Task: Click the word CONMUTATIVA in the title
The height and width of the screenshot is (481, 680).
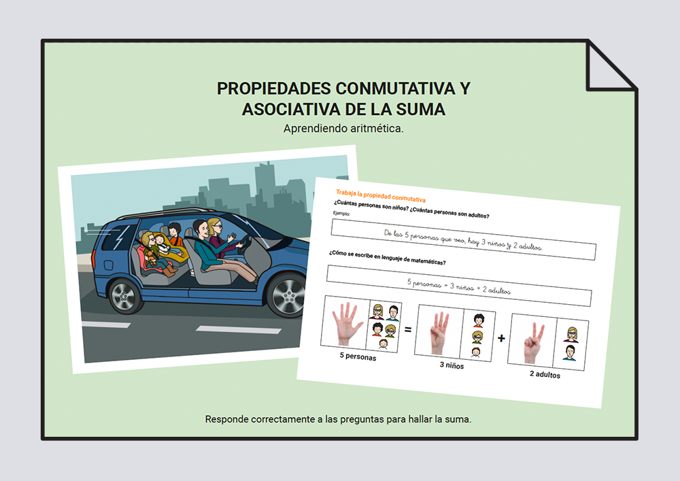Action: [396, 88]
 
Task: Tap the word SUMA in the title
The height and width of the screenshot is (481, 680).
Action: [420, 110]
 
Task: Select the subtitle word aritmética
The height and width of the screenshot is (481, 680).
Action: [377, 129]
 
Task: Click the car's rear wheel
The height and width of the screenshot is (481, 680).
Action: [124, 296]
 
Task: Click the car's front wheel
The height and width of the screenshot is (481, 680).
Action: [288, 295]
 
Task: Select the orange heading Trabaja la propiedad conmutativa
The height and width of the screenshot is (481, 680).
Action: [381, 196]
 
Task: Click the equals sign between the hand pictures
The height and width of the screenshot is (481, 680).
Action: [407, 330]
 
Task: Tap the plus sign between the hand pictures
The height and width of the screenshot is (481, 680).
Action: [501, 338]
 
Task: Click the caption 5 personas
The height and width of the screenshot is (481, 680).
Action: [358, 356]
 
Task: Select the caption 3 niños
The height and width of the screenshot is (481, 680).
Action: [452, 365]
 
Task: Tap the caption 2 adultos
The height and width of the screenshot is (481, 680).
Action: [545, 374]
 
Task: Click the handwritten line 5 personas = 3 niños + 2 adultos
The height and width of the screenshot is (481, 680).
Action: [459, 286]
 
